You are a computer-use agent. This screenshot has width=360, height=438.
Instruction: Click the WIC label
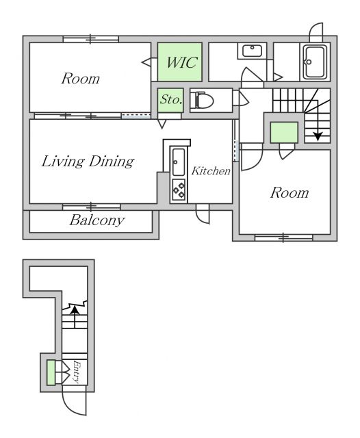point(182,62)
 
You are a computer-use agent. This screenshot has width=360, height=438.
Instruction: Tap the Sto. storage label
point(171,99)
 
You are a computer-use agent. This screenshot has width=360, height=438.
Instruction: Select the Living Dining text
point(88,162)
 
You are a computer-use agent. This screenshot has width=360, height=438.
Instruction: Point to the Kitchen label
point(211,170)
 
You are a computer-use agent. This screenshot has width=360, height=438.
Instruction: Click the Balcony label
point(97,220)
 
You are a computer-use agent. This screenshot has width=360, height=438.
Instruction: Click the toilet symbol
point(202,100)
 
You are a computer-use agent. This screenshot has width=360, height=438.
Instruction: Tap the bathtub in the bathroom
point(315,62)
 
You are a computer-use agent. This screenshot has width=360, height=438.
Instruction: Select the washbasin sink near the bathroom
point(252,51)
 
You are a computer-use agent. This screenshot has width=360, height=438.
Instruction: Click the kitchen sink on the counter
point(179,162)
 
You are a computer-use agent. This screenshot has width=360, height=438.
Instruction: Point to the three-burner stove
point(179,190)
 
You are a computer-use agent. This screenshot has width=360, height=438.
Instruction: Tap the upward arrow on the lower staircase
point(75,316)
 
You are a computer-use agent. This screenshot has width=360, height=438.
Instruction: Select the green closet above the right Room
point(284,132)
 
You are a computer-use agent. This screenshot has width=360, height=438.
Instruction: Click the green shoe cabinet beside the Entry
point(51,372)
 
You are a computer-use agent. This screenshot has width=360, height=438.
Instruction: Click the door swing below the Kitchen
point(203,214)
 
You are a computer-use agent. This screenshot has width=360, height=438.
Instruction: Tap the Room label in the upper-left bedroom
point(81,79)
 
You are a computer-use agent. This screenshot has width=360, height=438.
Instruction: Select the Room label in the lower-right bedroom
point(290,193)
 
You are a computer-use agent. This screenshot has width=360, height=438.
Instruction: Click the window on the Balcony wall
point(91,207)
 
